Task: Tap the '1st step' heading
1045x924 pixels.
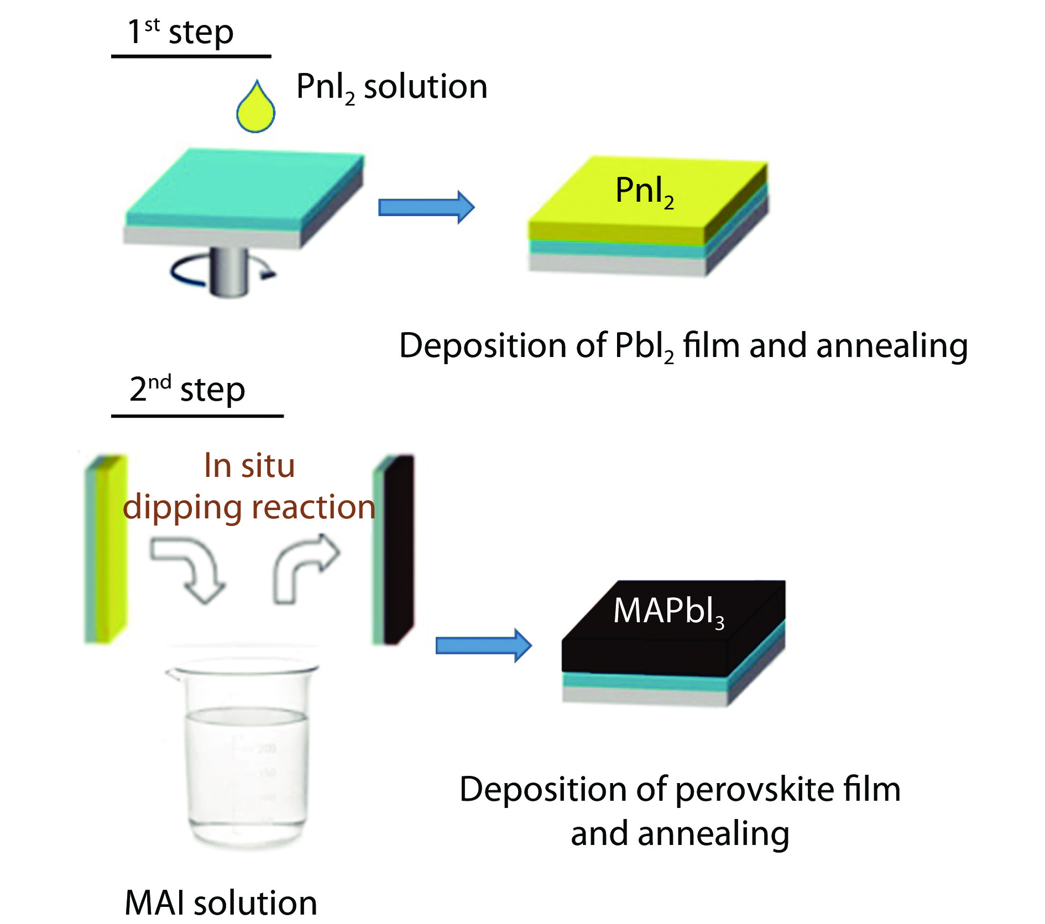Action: coord(181,32)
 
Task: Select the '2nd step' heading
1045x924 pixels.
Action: coord(187,389)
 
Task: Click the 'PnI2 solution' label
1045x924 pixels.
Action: coord(391,87)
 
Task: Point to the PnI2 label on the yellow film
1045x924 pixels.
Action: coord(644,191)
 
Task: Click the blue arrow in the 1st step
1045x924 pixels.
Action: coord(426,207)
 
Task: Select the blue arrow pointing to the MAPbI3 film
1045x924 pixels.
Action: coord(483,645)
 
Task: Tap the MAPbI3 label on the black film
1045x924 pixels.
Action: coord(668,612)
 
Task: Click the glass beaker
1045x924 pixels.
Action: coord(243,752)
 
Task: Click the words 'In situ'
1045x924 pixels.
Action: coord(249,465)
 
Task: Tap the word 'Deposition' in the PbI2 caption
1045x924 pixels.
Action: coord(483,346)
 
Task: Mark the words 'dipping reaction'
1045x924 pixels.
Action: coord(249,507)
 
